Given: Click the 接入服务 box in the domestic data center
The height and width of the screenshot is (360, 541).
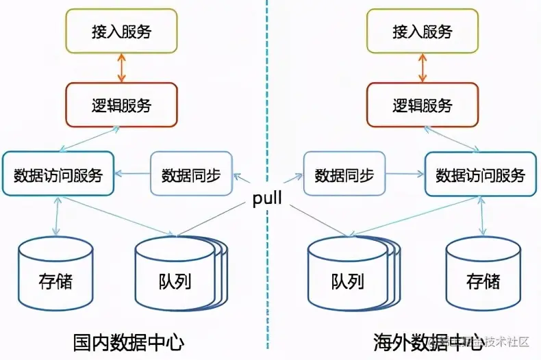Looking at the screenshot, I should pyautogui.click(x=121, y=31).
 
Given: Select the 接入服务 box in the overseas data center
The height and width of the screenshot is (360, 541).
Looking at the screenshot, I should pyautogui.click(x=423, y=31).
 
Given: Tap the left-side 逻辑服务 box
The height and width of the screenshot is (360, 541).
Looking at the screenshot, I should pyautogui.click(x=121, y=105).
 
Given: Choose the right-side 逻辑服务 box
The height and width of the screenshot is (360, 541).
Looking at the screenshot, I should pyautogui.click(x=423, y=105).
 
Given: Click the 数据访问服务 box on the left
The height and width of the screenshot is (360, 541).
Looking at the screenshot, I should pyautogui.click(x=58, y=175).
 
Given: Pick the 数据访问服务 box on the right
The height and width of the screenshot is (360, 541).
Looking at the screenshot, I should pyautogui.click(x=480, y=175).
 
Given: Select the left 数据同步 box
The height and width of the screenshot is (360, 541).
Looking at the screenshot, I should pyautogui.click(x=191, y=175).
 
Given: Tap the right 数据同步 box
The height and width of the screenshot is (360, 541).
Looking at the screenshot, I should pyautogui.click(x=344, y=175).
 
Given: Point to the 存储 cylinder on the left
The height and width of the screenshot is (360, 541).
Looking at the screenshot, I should pyautogui.click(x=55, y=274).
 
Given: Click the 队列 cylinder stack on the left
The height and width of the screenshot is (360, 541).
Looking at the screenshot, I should pyautogui.click(x=179, y=274).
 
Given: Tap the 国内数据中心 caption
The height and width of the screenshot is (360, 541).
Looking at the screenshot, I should pyautogui.click(x=129, y=341).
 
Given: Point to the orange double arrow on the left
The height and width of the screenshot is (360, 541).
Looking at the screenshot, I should pyautogui.click(x=122, y=68).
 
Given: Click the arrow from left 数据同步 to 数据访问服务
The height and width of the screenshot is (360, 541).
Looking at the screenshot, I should pyautogui.click(x=131, y=174).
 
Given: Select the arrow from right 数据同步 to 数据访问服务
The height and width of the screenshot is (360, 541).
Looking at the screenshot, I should pyautogui.click(x=405, y=175).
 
